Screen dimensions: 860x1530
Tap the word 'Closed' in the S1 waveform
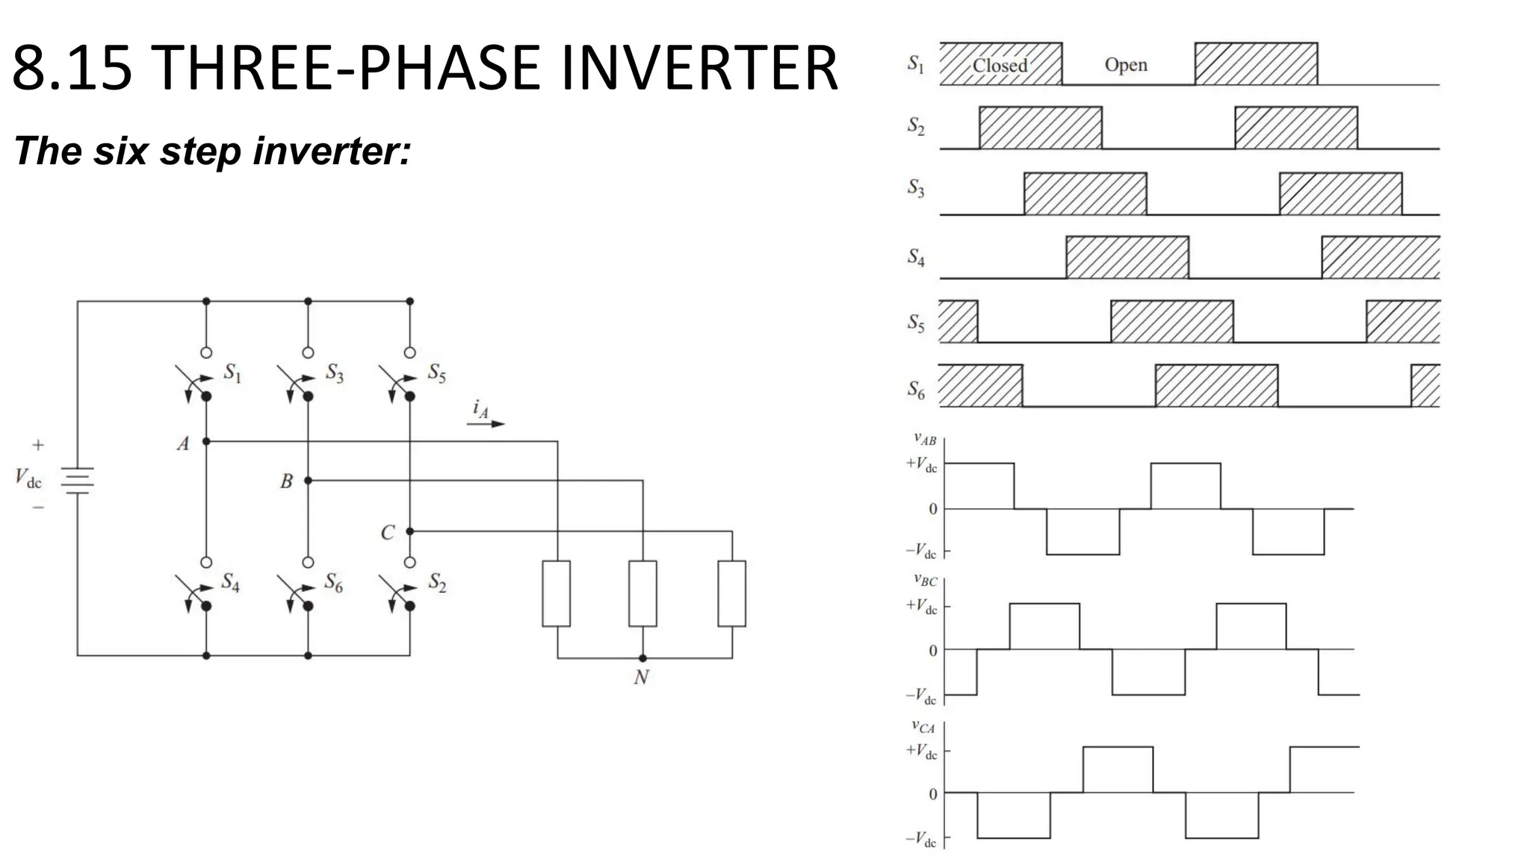[x=1000, y=66]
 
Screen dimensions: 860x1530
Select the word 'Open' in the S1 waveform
[x=1126, y=65]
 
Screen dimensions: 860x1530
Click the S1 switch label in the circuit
[x=233, y=373]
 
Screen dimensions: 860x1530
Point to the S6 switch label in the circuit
[x=333, y=583]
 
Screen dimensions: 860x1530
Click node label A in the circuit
[x=183, y=444]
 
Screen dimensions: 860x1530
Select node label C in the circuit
[x=387, y=533]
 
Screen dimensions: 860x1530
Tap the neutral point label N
[x=641, y=678]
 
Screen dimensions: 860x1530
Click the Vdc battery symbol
[x=77, y=481]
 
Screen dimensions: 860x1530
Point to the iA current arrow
[x=486, y=423]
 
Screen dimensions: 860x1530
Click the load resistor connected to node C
[x=731, y=593]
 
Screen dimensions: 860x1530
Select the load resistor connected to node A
[x=556, y=593]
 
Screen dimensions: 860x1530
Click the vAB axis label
[x=924, y=440]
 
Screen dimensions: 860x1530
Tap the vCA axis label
[x=923, y=726]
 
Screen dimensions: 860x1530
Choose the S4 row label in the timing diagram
[x=916, y=258]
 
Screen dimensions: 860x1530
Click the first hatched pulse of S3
[x=1085, y=193]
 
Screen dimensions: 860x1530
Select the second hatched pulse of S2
[x=1295, y=128]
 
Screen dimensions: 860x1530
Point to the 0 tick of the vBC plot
[x=932, y=651]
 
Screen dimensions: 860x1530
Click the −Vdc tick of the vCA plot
[x=921, y=840]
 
